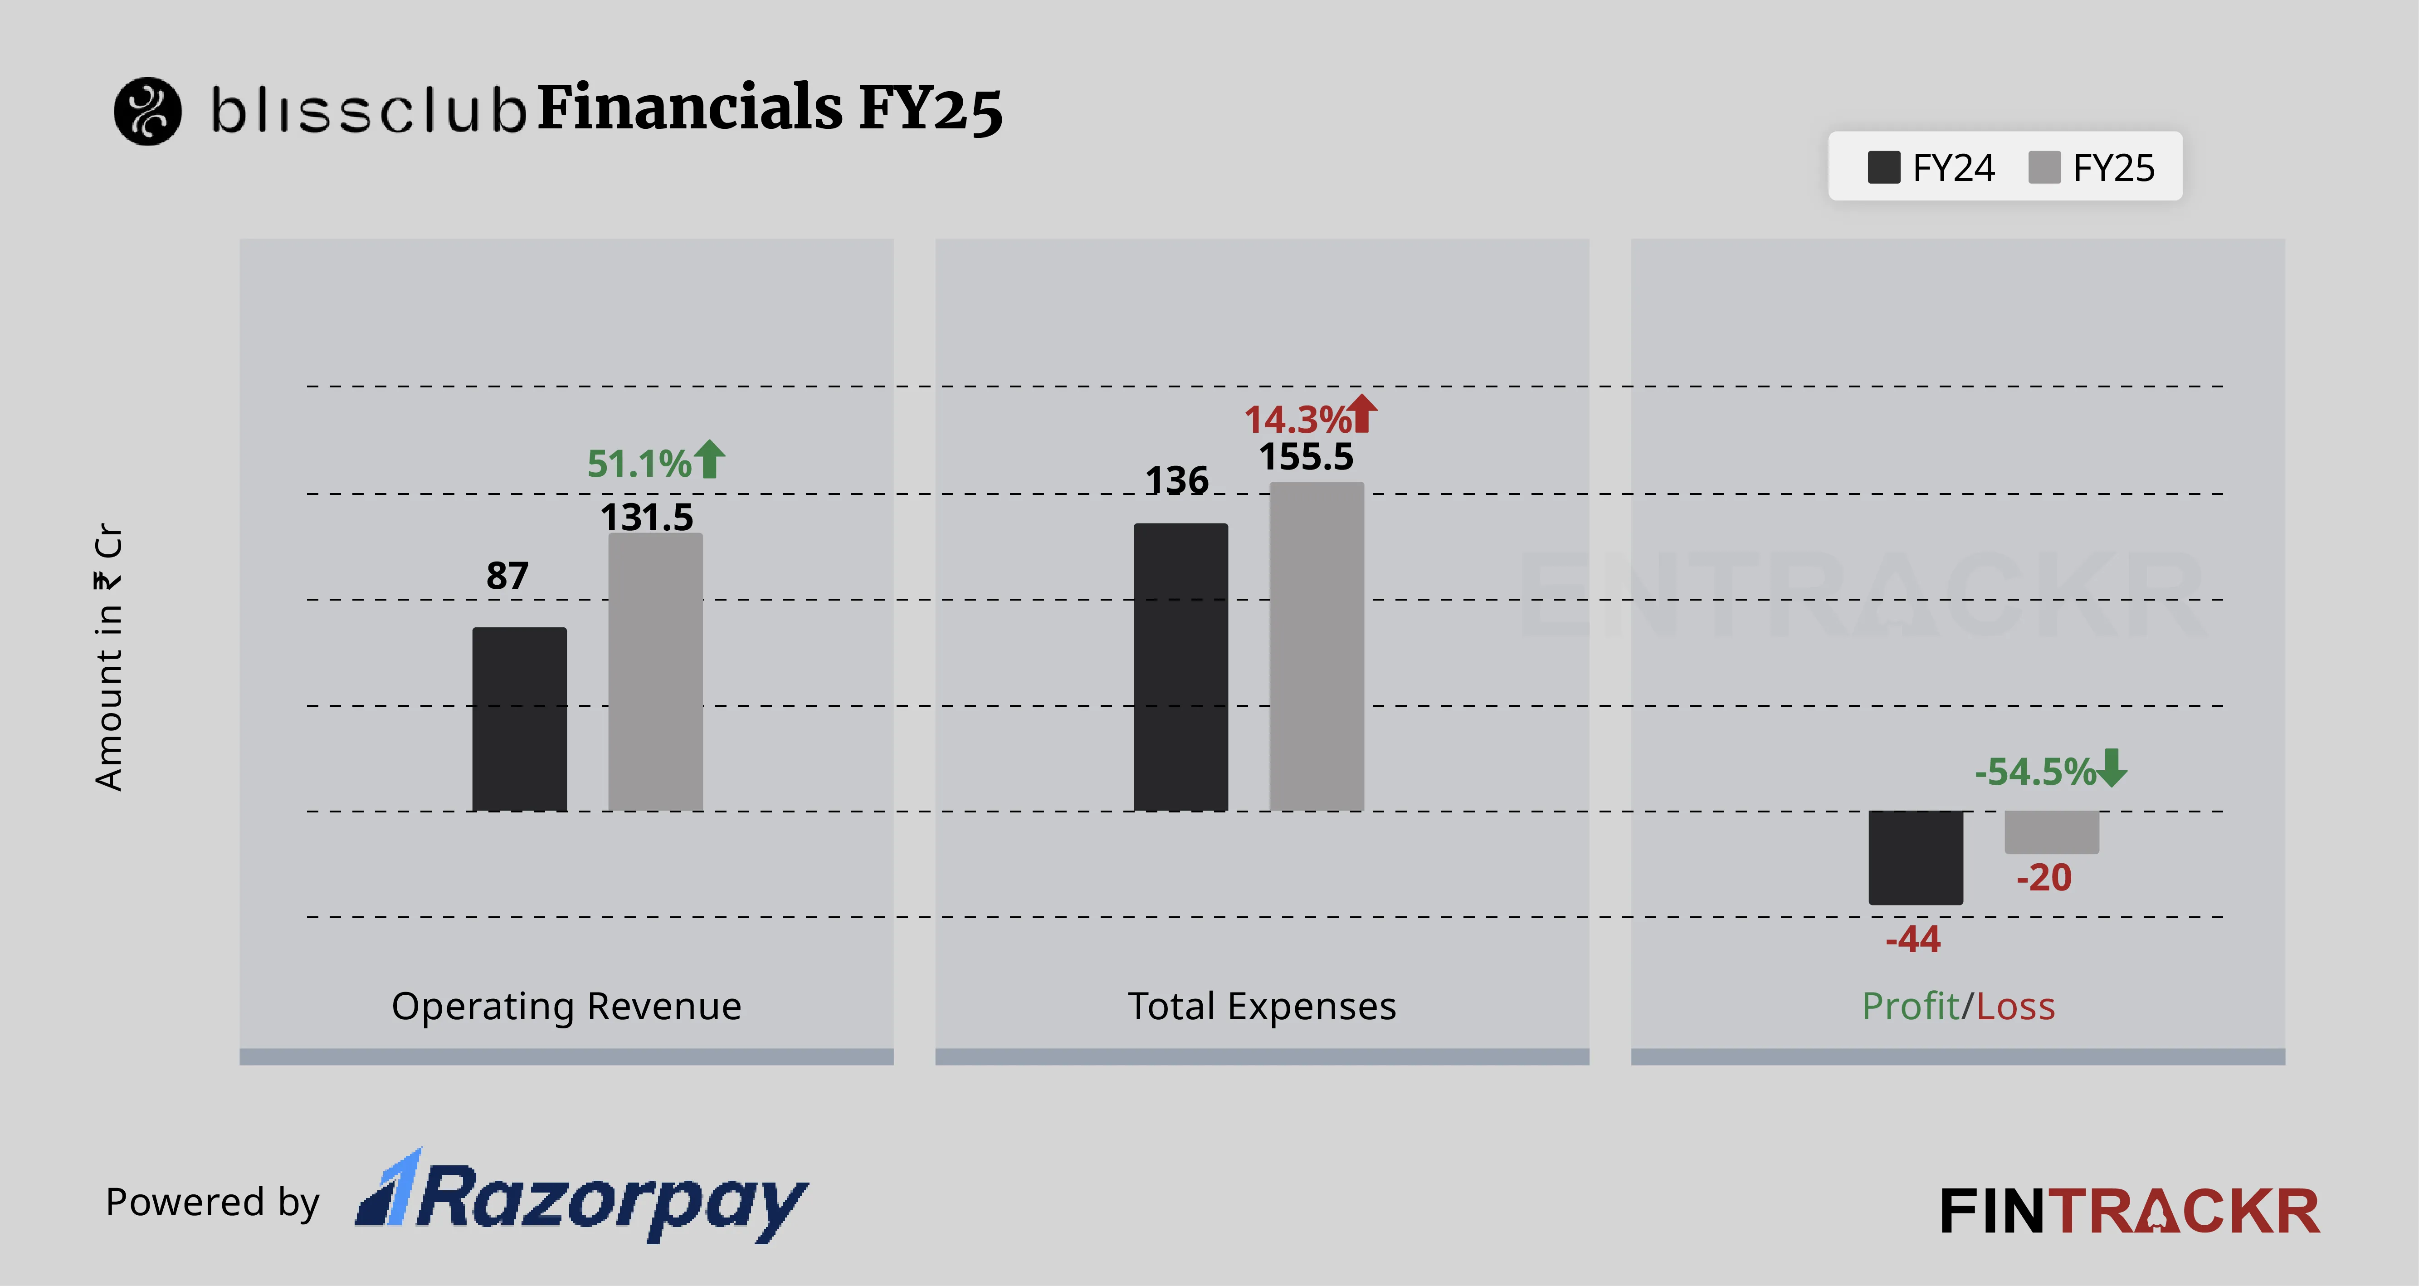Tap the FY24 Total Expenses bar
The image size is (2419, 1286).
[x=1180, y=667]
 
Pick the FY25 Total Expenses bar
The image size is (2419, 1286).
[x=1317, y=646]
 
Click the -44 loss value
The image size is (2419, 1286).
[x=1913, y=939]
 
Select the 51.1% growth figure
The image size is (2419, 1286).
[x=639, y=463]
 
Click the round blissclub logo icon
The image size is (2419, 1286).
[x=147, y=111]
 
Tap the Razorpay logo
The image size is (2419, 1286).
[x=582, y=1198]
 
